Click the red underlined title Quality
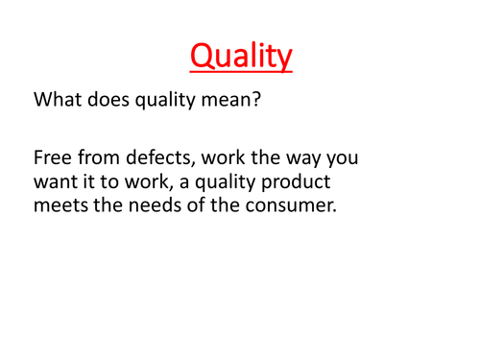(240, 58)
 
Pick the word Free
(51, 156)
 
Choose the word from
(93, 156)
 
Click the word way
(296, 156)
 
